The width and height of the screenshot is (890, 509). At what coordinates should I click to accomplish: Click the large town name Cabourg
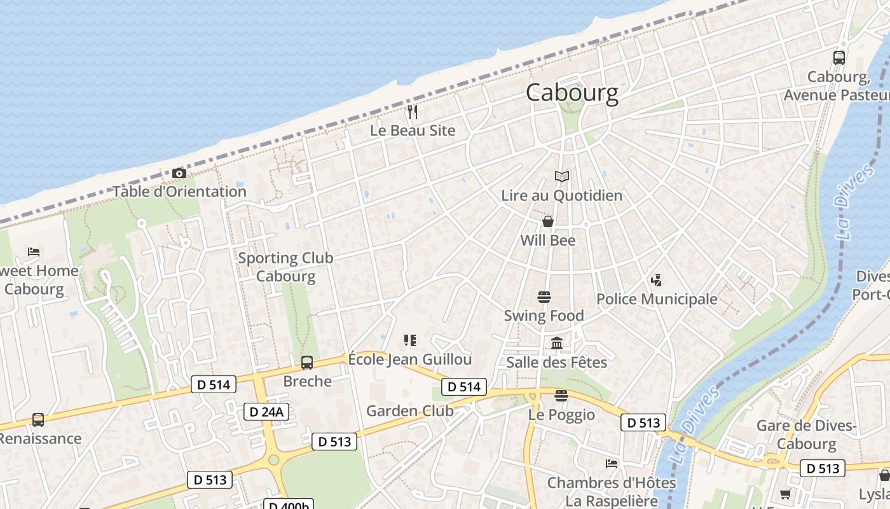click(572, 93)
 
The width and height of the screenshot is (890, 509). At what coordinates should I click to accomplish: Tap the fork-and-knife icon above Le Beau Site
click(413, 113)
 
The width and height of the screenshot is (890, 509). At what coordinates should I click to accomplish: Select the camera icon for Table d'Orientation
click(179, 173)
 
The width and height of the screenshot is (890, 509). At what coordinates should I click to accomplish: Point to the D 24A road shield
click(266, 412)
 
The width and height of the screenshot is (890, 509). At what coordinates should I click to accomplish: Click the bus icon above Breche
click(307, 363)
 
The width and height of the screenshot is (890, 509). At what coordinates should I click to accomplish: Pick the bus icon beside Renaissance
click(38, 420)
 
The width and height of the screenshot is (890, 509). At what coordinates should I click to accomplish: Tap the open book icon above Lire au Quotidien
click(561, 176)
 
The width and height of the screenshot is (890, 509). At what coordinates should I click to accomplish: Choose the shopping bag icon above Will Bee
click(547, 221)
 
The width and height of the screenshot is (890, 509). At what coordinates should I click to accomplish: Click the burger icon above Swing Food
click(544, 297)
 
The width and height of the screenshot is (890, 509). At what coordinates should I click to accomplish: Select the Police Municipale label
click(657, 299)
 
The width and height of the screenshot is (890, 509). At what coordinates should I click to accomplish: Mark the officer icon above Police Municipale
click(656, 279)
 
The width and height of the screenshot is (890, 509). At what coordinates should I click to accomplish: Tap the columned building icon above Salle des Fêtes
click(557, 344)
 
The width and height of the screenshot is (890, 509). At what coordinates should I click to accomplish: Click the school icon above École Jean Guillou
click(410, 340)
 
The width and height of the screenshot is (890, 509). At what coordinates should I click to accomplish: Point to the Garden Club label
click(410, 411)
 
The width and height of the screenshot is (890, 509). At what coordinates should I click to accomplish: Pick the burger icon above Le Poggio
click(561, 396)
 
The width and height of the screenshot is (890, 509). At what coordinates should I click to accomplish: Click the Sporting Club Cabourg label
click(285, 267)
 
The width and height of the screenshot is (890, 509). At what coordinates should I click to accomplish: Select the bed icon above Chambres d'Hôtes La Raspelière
click(612, 463)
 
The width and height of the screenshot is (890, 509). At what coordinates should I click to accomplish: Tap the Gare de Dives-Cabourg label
click(807, 435)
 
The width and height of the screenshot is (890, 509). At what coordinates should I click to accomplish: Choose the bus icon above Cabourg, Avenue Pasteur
click(839, 58)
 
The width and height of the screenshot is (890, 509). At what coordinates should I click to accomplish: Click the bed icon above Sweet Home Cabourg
click(34, 252)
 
